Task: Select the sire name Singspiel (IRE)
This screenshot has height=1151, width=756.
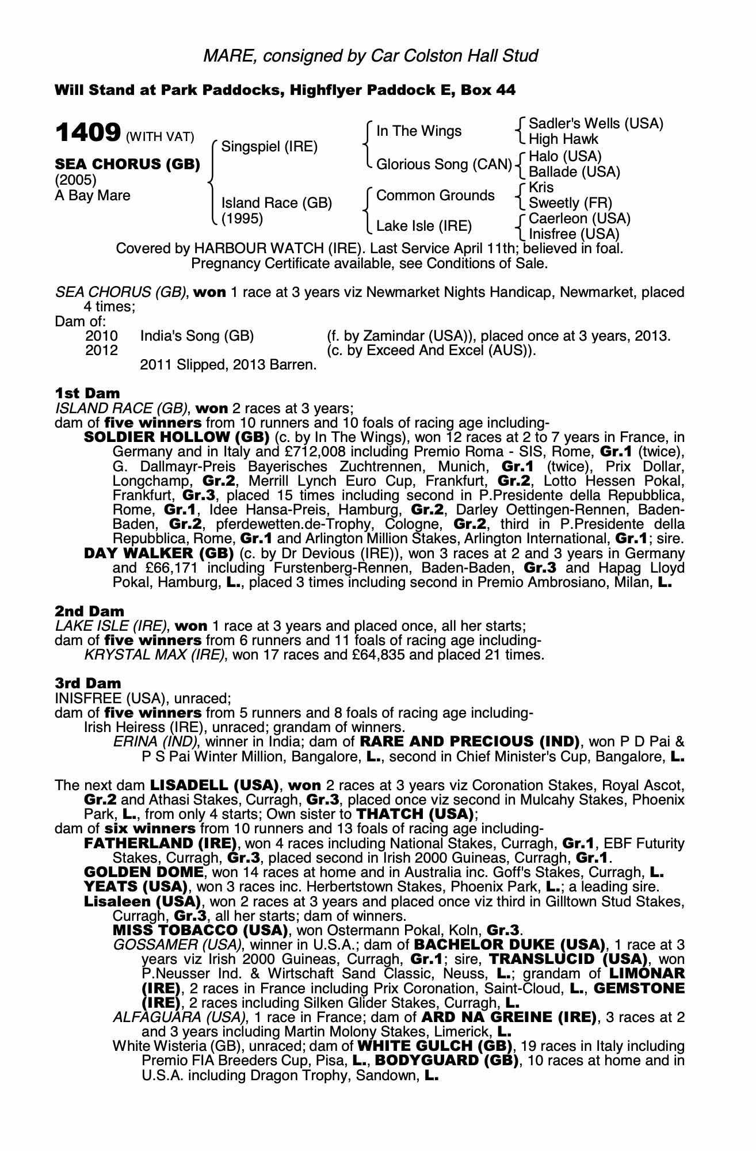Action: (x=269, y=146)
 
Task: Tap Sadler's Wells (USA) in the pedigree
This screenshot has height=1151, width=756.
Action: (x=595, y=124)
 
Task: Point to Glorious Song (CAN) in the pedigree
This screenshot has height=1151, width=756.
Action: (x=444, y=165)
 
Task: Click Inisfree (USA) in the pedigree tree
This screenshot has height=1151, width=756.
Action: (x=574, y=234)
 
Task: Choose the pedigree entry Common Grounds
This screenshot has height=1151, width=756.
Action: (x=435, y=196)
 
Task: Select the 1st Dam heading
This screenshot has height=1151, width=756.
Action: (x=87, y=393)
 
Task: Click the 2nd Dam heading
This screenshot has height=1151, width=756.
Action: (x=89, y=611)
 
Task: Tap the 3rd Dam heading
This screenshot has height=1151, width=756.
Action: (x=88, y=683)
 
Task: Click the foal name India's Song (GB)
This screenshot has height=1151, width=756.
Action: (x=197, y=336)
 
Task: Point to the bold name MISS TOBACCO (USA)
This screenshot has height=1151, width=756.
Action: (x=200, y=930)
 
